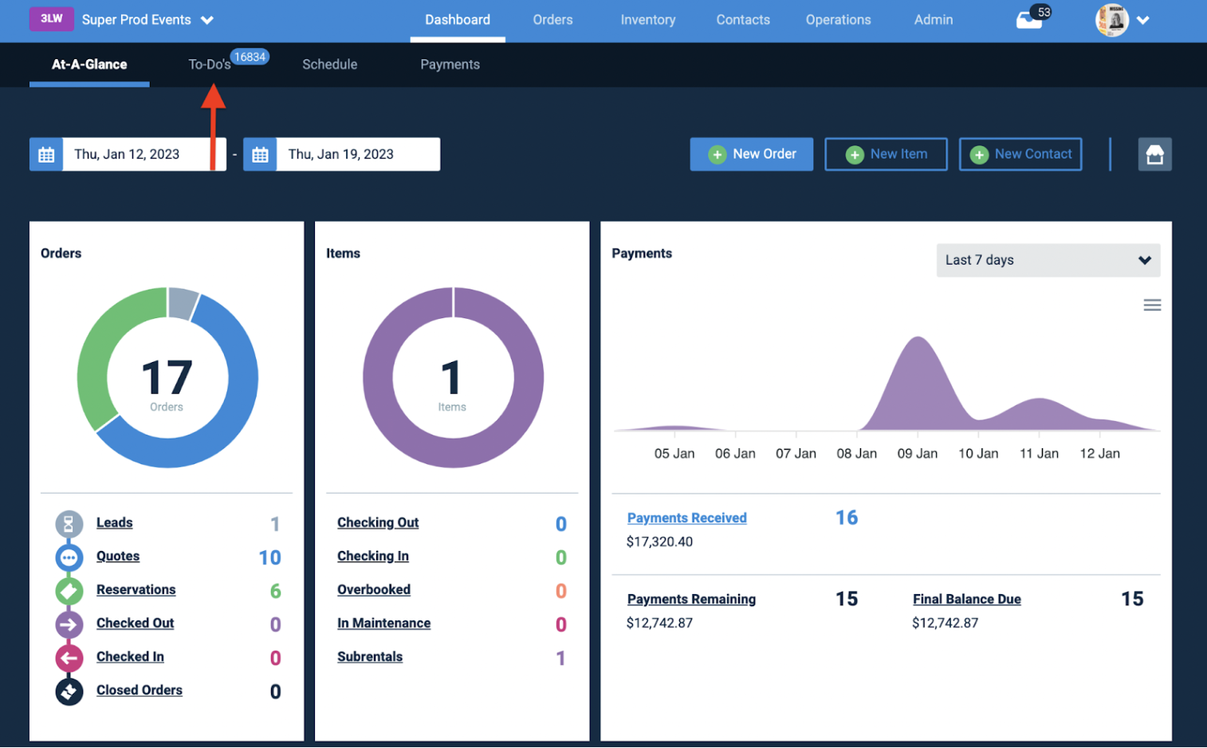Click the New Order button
click(x=751, y=154)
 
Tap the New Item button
click(x=886, y=154)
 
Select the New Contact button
click(x=1020, y=154)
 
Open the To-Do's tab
click(x=210, y=65)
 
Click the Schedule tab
click(x=330, y=65)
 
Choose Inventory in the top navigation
click(x=647, y=20)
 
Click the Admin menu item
click(x=934, y=20)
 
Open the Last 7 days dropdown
click(x=1048, y=260)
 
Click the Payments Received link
click(x=686, y=518)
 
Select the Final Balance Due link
click(x=967, y=599)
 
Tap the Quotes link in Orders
click(x=118, y=556)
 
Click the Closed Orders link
click(x=140, y=691)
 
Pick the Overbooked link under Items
click(x=374, y=589)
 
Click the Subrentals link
click(x=370, y=657)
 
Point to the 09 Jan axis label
click(x=917, y=454)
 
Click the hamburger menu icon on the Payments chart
click(x=1152, y=305)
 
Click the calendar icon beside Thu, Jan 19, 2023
click(x=260, y=155)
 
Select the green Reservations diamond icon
click(x=69, y=591)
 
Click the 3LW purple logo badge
click(x=52, y=19)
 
